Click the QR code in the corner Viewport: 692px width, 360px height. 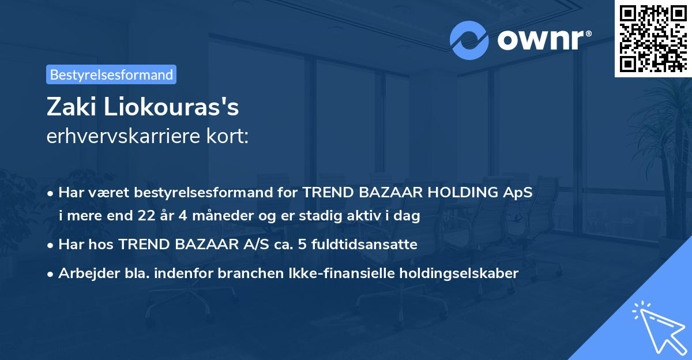point(653,38)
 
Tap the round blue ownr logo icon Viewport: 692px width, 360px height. point(469,40)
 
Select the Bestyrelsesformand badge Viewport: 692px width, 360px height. point(111,74)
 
